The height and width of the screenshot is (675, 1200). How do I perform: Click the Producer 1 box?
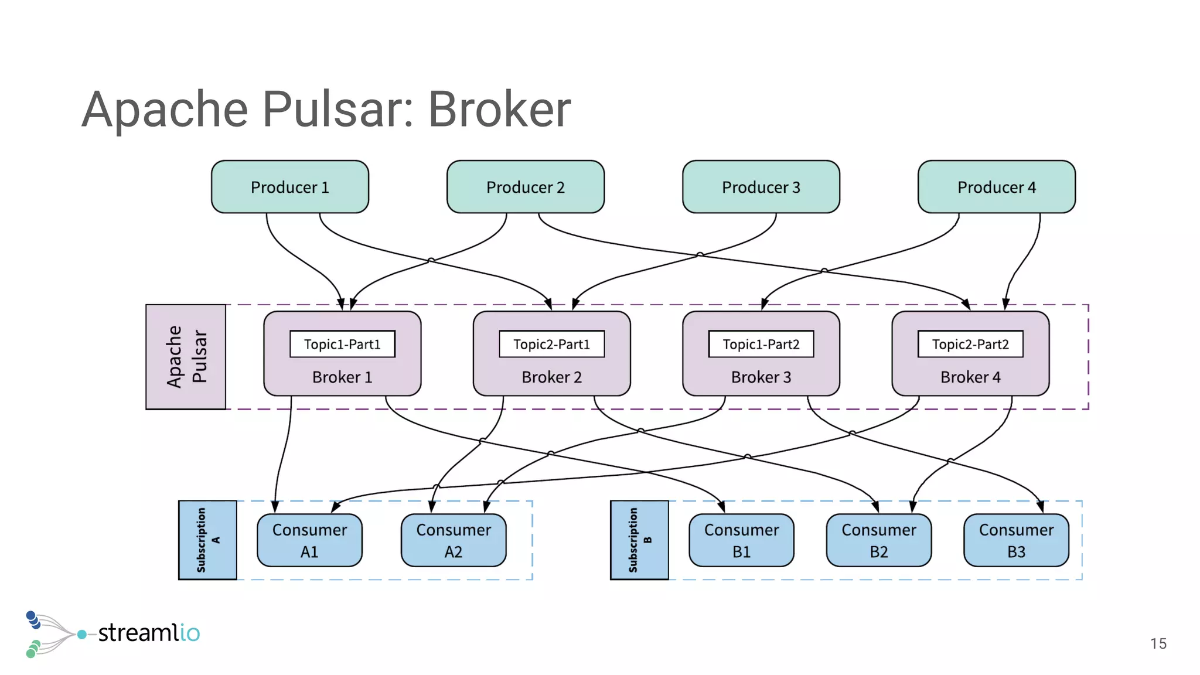pyautogui.click(x=289, y=187)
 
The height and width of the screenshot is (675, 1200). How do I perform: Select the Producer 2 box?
pyautogui.click(x=525, y=187)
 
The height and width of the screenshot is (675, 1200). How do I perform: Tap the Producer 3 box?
pyautogui.click(x=761, y=187)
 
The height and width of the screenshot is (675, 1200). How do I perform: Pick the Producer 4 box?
pyautogui.click(x=996, y=187)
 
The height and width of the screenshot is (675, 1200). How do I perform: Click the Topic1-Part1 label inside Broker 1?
pyautogui.click(x=342, y=344)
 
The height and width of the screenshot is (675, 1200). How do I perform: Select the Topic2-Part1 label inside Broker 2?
pyautogui.click(x=551, y=344)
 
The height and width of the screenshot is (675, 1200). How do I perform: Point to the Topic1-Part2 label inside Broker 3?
pyautogui.click(x=761, y=344)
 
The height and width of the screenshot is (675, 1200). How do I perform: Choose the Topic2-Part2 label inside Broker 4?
pyautogui.click(x=970, y=344)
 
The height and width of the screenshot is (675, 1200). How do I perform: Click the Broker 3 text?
pyautogui.click(x=761, y=377)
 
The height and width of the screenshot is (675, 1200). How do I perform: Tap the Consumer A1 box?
pyautogui.click(x=309, y=540)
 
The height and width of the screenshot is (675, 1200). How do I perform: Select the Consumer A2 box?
pyautogui.click(x=454, y=540)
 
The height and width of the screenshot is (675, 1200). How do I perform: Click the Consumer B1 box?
pyautogui.click(x=741, y=540)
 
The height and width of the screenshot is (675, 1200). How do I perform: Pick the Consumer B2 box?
pyautogui.click(x=878, y=540)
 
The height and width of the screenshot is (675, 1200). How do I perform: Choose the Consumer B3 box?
pyautogui.click(x=1016, y=540)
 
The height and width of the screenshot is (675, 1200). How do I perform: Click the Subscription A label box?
pyautogui.click(x=207, y=540)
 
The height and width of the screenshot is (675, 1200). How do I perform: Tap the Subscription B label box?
pyautogui.click(x=639, y=540)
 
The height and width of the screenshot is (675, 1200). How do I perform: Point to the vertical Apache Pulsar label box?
pyautogui.click(x=186, y=357)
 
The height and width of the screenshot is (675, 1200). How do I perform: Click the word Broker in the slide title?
pyautogui.click(x=499, y=110)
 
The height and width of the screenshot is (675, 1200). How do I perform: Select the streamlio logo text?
pyautogui.click(x=148, y=633)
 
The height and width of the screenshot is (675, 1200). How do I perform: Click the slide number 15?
pyautogui.click(x=1158, y=643)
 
